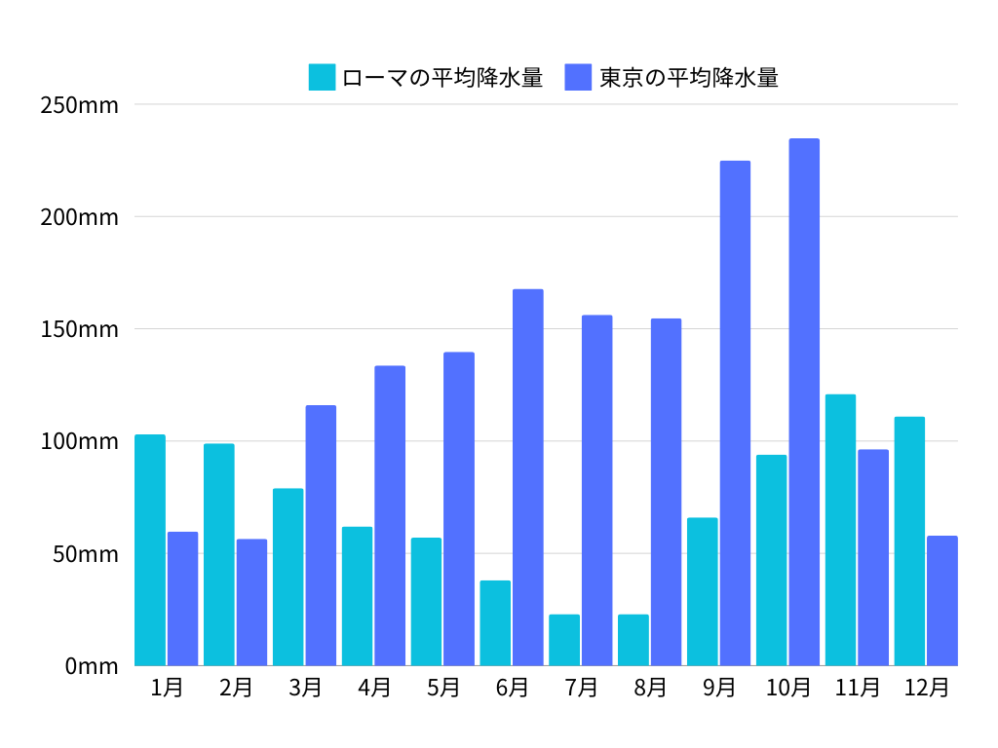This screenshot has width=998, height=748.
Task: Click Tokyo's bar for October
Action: tap(804, 402)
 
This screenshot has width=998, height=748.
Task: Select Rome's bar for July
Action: tap(564, 640)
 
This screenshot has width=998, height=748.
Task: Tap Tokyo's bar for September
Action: tap(735, 413)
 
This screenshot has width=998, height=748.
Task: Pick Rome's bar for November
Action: tap(840, 530)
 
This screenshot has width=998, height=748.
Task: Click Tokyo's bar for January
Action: tap(182, 599)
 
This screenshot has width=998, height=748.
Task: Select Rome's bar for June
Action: tap(495, 623)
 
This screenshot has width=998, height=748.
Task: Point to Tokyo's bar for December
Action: tap(942, 601)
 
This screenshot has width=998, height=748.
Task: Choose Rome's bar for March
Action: tap(288, 577)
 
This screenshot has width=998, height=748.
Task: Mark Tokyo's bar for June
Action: tap(528, 477)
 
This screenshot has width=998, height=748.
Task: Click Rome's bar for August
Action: tap(633, 640)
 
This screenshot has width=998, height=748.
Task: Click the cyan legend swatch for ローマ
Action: tap(322, 77)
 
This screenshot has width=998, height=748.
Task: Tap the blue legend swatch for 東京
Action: tap(578, 77)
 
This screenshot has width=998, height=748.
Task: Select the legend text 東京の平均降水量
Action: tap(688, 77)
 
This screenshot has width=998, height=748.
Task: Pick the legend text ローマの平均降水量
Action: tap(442, 77)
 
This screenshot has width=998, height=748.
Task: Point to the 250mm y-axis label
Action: tap(79, 104)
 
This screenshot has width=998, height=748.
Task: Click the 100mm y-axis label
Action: tap(79, 441)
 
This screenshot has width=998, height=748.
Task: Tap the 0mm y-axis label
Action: tap(92, 666)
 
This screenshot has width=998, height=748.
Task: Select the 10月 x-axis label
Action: tap(788, 688)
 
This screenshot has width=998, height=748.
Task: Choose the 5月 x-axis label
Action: tap(443, 688)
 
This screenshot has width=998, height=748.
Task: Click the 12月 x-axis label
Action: tap(926, 688)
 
